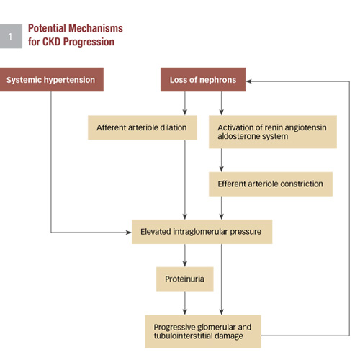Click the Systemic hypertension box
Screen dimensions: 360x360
point(52,79)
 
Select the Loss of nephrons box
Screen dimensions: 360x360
point(203,79)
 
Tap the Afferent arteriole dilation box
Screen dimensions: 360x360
point(143,127)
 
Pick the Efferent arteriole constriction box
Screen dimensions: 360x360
point(271,184)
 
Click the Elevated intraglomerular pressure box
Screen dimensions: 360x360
point(202,232)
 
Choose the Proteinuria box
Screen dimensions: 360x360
point(185,279)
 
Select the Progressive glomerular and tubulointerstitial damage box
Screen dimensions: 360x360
point(203,332)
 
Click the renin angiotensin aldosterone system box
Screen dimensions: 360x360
point(273,132)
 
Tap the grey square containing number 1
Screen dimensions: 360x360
point(11,36)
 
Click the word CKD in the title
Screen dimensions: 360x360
point(51,42)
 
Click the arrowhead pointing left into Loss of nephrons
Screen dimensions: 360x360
point(249,81)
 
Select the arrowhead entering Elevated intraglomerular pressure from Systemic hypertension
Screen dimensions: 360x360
point(129,233)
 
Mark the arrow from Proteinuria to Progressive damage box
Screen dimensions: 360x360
point(185,303)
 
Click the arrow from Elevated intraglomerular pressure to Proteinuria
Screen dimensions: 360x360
point(185,256)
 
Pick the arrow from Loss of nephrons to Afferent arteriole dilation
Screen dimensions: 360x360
point(185,104)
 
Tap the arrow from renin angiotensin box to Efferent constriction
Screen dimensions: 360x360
point(222,160)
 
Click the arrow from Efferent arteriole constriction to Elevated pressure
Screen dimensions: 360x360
point(222,208)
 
